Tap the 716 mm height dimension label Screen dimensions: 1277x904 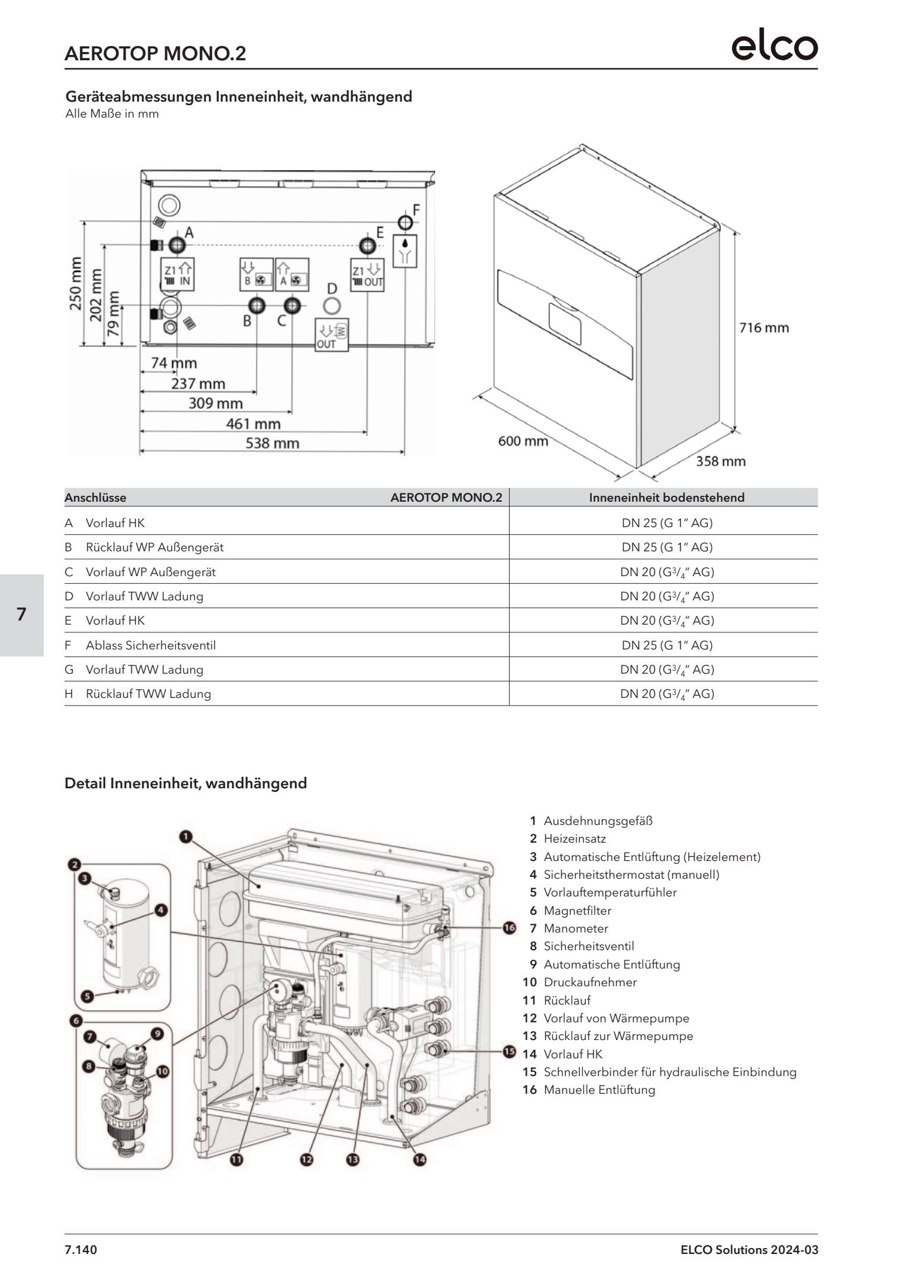(x=764, y=328)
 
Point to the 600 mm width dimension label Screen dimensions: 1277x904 (x=523, y=441)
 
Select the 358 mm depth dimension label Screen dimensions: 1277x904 (x=720, y=461)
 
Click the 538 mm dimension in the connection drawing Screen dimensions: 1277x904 (x=273, y=443)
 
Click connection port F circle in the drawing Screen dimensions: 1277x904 (x=405, y=222)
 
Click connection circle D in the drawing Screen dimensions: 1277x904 (x=332, y=306)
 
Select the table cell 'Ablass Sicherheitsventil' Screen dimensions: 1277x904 (x=151, y=645)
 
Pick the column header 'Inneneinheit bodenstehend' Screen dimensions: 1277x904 (x=666, y=498)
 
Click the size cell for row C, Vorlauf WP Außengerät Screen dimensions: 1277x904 (x=667, y=572)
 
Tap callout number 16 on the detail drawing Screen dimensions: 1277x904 (x=510, y=928)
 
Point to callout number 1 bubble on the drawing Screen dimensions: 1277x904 (x=186, y=836)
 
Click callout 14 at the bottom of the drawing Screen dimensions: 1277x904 (x=419, y=1159)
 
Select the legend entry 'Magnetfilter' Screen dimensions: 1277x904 (x=577, y=911)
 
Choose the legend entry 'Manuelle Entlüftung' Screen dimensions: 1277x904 (x=599, y=1090)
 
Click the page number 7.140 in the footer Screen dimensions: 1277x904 (x=81, y=1250)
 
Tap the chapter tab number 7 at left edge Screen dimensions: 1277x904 (x=22, y=615)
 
